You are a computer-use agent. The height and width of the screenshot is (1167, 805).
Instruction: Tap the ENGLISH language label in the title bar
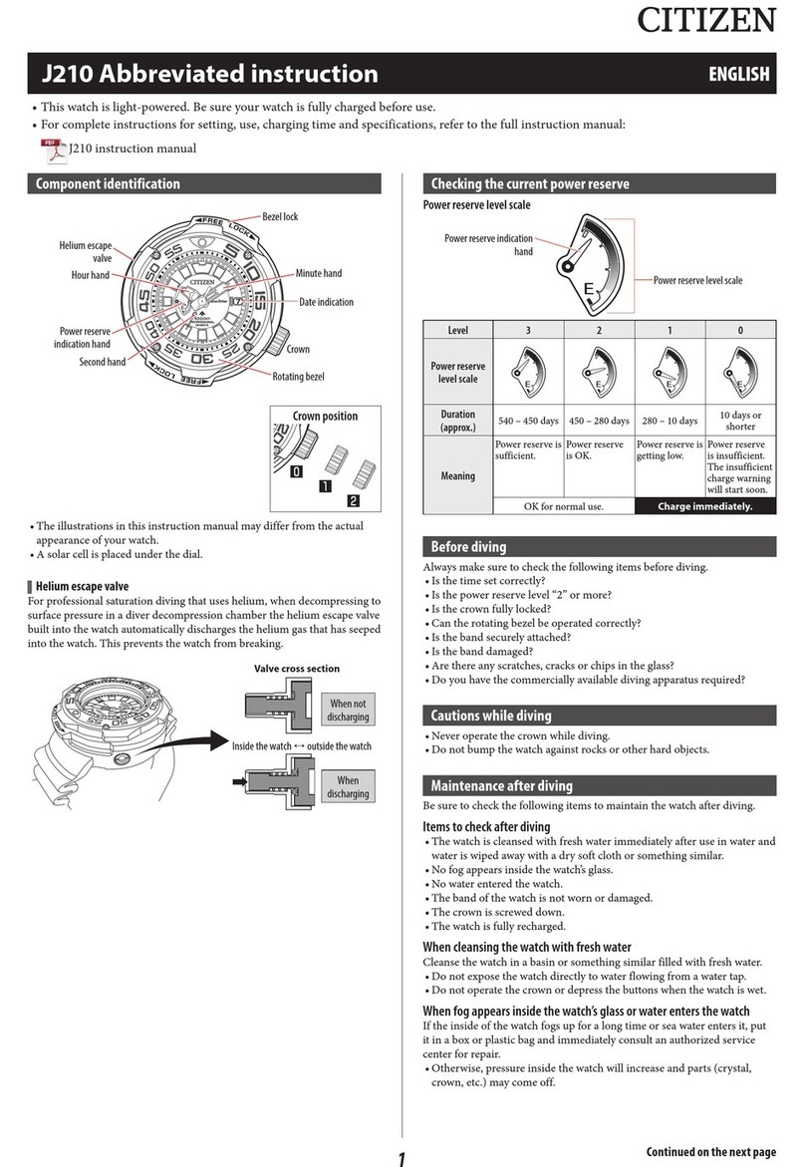[x=738, y=74]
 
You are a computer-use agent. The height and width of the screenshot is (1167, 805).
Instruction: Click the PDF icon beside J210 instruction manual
[x=52, y=149]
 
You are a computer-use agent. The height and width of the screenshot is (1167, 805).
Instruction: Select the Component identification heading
[x=109, y=183]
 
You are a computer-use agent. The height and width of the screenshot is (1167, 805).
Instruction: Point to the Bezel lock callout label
[x=280, y=216]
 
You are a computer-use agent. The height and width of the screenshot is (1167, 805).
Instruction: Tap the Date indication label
[x=326, y=302]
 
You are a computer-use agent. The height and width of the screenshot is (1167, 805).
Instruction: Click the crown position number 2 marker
[x=353, y=500]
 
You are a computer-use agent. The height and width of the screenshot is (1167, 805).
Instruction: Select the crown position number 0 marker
[x=296, y=472]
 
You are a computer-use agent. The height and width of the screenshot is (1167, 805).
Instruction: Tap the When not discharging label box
[x=347, y=710]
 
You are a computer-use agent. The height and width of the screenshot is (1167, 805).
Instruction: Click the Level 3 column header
[x=528, y=330]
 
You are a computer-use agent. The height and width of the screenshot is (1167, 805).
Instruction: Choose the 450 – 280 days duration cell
[x=599, y=421]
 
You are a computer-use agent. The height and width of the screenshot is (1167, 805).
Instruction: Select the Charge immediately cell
[x=704, y=506]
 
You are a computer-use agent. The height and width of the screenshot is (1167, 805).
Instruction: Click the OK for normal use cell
[x=564, y=506]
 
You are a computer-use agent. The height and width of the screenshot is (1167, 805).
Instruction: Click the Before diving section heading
[x=468, y=546]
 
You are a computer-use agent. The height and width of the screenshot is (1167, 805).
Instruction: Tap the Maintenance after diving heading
[x=501, y=785]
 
